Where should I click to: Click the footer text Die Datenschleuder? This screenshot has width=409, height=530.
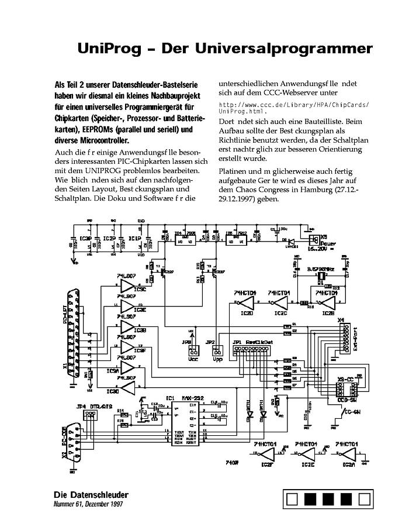click(91, 495)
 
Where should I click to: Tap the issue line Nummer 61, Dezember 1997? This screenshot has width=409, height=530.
click(88, 504)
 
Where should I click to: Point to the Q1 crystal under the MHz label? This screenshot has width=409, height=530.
click(320, 280)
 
